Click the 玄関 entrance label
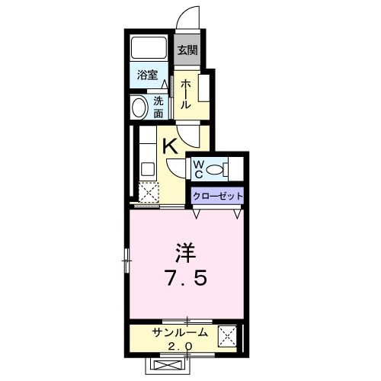(x=187, y=51)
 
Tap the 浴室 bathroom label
(x=147, y=75)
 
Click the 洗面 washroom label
(x=158, y=107)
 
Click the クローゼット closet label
(x=218, y=196)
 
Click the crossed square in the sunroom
(x=227, y=335)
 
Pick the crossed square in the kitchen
(x=149, y=192)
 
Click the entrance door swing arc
(x=188, y=17)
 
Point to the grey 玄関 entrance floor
(x=187, y=52)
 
